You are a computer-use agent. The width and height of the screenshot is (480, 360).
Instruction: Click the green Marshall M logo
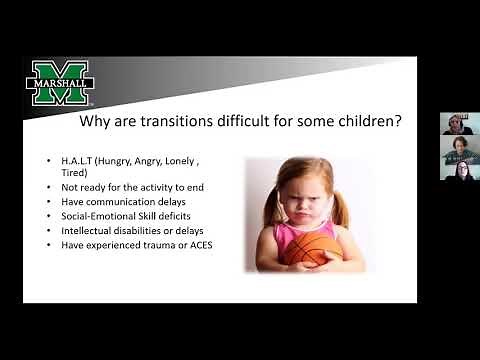60,83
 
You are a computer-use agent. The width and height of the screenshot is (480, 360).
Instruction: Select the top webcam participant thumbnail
456,124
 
